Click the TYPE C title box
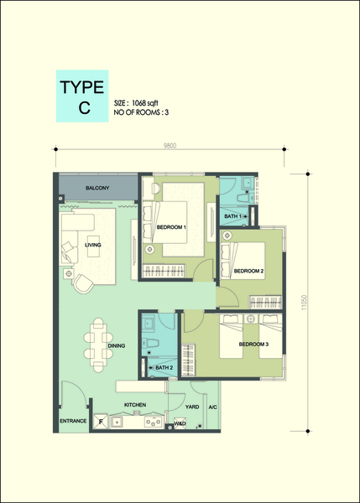82,96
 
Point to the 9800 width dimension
170,146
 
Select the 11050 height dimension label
305,303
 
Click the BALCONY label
97,188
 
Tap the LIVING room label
93,245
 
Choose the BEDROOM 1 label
171,227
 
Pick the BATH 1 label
232,216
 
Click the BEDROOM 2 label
248,271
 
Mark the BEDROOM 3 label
253,345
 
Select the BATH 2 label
164,368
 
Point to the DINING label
117,345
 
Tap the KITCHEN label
135,405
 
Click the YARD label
192,407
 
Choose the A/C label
213,407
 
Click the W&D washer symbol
180,423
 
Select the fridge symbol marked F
101,421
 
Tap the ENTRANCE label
73,421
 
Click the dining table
98,345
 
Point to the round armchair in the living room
82,283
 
